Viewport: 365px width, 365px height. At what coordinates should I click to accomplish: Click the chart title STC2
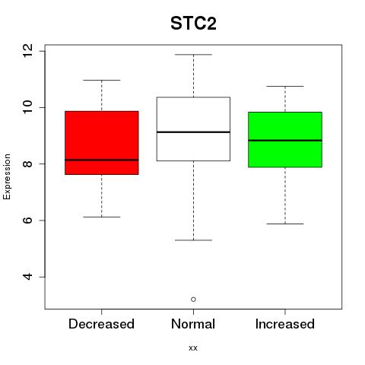193,24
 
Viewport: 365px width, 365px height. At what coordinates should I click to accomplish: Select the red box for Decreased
102,143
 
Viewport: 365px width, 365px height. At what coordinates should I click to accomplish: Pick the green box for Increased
285,140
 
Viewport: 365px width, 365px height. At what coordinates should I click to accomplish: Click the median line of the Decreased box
102,160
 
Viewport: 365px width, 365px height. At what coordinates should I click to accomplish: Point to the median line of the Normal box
193,132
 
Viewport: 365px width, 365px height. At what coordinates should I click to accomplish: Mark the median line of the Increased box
285,140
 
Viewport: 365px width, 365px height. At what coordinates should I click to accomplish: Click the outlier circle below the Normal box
193,300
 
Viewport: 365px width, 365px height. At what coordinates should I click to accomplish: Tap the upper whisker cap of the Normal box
193,55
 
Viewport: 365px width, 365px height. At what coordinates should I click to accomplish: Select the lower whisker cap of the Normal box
193,240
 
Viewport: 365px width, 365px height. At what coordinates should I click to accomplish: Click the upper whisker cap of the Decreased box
102,80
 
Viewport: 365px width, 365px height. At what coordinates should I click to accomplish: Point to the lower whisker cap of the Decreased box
102,217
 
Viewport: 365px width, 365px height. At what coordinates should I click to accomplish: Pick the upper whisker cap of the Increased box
285,86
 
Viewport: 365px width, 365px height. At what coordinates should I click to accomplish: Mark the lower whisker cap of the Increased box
285,224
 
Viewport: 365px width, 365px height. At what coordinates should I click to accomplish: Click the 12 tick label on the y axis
27,51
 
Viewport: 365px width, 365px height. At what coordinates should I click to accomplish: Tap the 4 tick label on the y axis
27,277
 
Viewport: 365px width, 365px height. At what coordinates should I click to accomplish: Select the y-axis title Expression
7,176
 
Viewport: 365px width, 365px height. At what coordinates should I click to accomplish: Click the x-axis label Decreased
101,324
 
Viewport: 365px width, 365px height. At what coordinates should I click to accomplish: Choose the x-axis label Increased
285,324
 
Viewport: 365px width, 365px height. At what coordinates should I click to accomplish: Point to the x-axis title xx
193,348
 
